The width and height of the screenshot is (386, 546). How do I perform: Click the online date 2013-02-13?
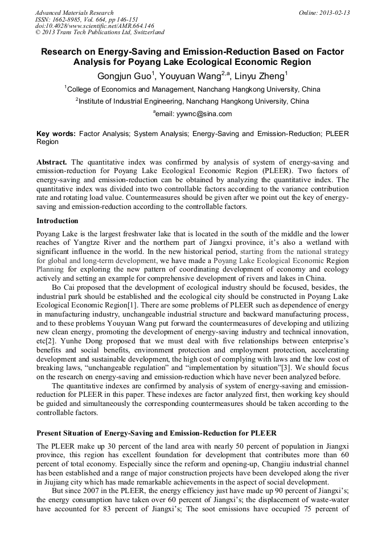pos(333,13)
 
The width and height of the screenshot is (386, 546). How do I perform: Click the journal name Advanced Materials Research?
pos(74,13)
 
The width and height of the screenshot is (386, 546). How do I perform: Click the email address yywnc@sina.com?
pos(197,114)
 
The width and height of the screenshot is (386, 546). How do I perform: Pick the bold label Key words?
pos(56,134)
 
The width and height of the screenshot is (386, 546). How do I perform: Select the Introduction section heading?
pos(57,221)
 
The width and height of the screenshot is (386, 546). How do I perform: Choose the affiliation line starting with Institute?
pos(192,101)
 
